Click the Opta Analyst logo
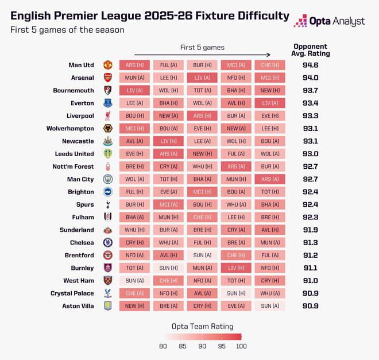coord(328,21)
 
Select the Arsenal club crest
coord(107,78)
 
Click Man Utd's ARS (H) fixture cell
coord(135,65)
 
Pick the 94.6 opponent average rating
coord(310,65)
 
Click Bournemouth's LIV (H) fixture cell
coord(135,90)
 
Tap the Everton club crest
coord(107,103)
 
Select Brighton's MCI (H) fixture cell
coord(202,192)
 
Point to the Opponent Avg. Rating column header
coord(310,50)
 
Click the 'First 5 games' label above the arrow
coord(202,47)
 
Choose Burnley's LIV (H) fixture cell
coord(236,268)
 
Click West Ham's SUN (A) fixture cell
coord(135,281)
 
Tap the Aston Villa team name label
coord(78,306)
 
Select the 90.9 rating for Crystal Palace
coord(310,293)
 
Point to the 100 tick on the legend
coord(241,346)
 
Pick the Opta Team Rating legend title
coord(202,326)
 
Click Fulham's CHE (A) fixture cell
coord(202,217)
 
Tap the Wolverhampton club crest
coord(107,129)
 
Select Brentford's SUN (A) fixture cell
coord(202,256)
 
